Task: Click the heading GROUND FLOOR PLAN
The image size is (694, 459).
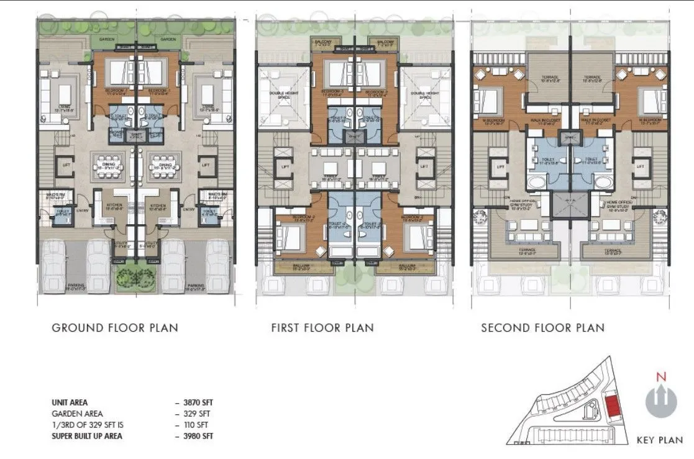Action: click(115, 327)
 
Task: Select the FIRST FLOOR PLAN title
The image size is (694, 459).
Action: click(322, 327)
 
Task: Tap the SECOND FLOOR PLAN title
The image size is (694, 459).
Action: click(542, 327)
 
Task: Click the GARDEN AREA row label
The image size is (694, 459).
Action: click(78, 414)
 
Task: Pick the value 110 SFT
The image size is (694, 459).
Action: click(196, 425)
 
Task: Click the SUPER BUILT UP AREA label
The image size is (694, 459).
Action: click(87, 436)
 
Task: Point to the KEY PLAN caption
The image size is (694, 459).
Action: click(660, 440)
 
